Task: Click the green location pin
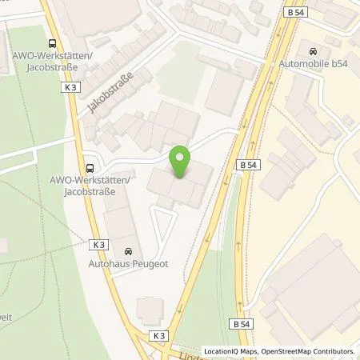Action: tap(182, 162)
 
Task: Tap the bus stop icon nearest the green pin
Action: tap(90, 169)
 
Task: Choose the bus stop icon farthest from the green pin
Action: tap(52, 45)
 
